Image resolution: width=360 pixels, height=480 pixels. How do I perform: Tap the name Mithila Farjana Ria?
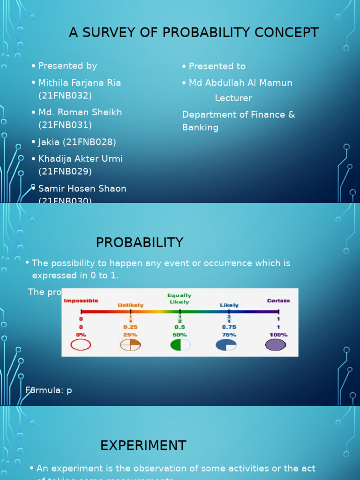(80, 83)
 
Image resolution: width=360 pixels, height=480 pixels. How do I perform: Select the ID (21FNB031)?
(65, 125)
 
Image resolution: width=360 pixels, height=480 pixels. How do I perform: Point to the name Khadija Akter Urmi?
(81, 159)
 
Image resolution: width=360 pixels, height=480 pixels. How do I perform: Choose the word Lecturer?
(233, 98)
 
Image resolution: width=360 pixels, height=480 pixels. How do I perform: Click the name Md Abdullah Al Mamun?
(240, 83)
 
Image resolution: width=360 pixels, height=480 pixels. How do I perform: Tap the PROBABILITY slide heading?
(140, 242)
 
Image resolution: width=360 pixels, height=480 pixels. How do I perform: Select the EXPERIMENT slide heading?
(143, 445)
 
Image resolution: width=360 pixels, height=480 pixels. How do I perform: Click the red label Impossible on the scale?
(81, 300)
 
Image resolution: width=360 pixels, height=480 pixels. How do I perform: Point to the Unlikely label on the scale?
(131, 305)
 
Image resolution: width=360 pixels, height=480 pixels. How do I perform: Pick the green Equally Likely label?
(180, 299)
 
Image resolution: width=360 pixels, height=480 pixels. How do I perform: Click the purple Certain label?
(278, 300)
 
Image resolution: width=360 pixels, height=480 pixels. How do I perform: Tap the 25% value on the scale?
(130, 335)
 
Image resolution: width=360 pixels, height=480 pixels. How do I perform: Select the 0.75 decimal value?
(229, 327)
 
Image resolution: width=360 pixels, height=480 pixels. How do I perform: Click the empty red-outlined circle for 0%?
(81, 345)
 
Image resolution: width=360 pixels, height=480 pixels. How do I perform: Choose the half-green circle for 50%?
(180, 345)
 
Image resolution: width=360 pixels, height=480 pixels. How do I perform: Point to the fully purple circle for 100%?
(276, 345)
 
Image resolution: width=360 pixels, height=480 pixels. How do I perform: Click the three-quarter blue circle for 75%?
(226, 345)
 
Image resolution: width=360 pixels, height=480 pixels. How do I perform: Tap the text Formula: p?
(49, 390)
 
